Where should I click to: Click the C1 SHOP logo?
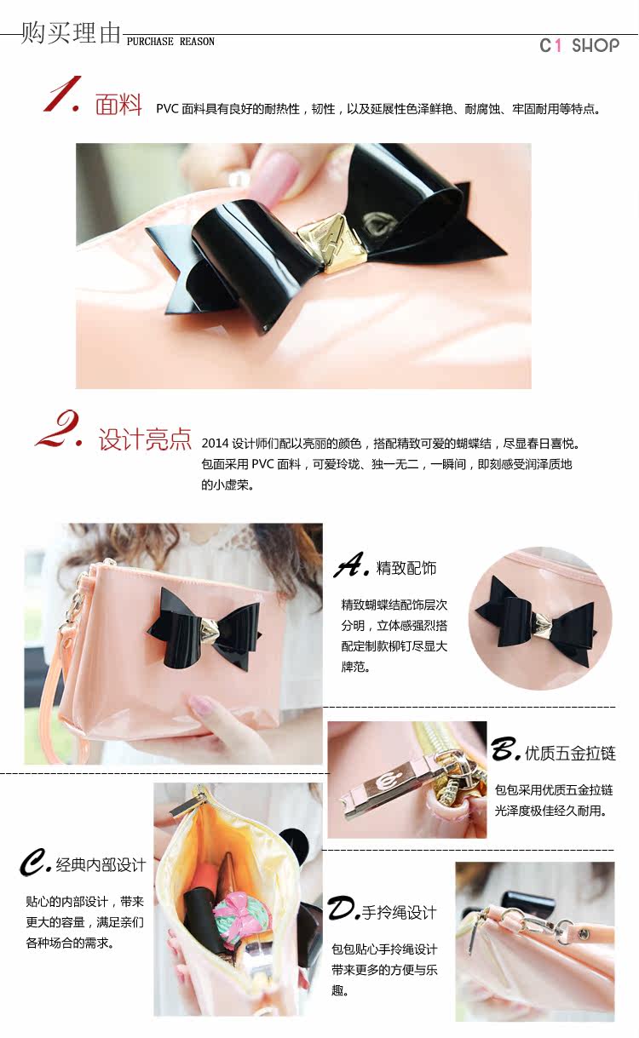pos(579,45)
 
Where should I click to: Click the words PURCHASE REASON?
pos(170,42)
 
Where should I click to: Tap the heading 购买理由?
pos(71,32)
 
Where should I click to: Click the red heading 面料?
pos(118,104)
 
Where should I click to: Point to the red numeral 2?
pos(59,428)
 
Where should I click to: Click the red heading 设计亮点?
pos(145,439)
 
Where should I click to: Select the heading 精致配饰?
pos(406,568)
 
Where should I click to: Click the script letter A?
pos(350,565)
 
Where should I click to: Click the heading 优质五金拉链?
pos(570,753)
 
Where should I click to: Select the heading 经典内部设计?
pos(101,864)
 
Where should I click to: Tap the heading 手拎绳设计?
pos(400,913)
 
